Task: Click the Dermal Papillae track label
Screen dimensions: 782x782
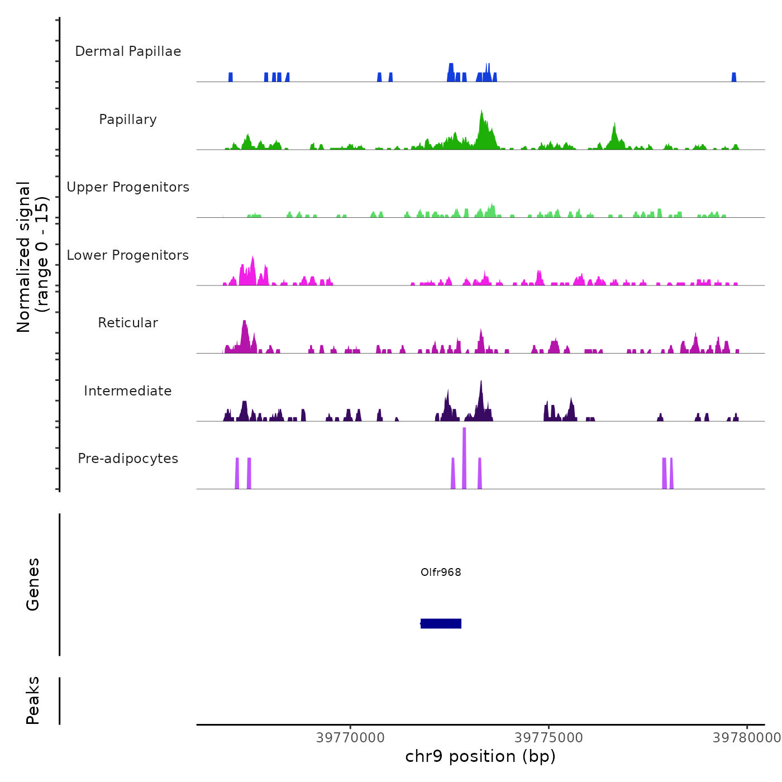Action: (x=128, y=51)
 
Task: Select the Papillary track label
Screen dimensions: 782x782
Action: (x=128, y=120)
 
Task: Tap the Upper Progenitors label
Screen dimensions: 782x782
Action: (x=128, y=187)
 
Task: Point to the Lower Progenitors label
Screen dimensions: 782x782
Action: (x=128, y=255)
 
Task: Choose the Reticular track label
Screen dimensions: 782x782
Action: (x=128, y=323)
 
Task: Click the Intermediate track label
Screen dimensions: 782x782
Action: (x=128, y=391)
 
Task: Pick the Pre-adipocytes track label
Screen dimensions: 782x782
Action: (x=128, y=459)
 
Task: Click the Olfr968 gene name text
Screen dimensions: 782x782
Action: (x=441, y=572)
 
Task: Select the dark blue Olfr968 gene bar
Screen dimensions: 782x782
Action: (x=441, y=623)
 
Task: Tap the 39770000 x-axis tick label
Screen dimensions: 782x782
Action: (x=350, y=737)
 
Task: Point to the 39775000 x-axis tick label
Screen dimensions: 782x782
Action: (x=549, y=737)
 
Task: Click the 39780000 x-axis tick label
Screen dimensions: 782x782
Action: (x=746, y=737)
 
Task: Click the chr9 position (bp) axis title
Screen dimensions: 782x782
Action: (x=480, y=756)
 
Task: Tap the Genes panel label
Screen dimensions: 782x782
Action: (x=32, y=584)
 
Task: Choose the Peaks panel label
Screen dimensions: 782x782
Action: (x=32, y=700)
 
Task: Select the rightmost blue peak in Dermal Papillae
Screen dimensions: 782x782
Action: (x=734, y=77)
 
